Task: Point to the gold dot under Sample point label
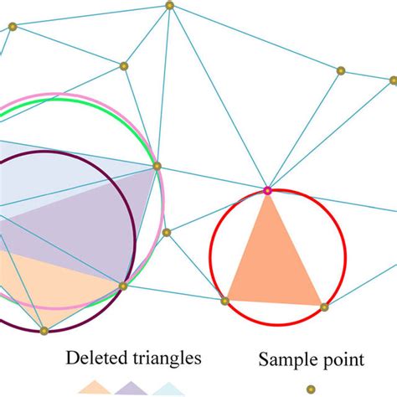click(311, 389)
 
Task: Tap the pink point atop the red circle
click(267, 191)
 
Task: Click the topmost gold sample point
click(169, 6)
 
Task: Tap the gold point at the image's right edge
click(393, 80)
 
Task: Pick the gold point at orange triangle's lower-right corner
click(324, 307)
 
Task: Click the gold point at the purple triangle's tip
click(157, 166)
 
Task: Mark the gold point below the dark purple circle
click(44, 331)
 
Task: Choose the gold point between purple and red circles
click(167, 232)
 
